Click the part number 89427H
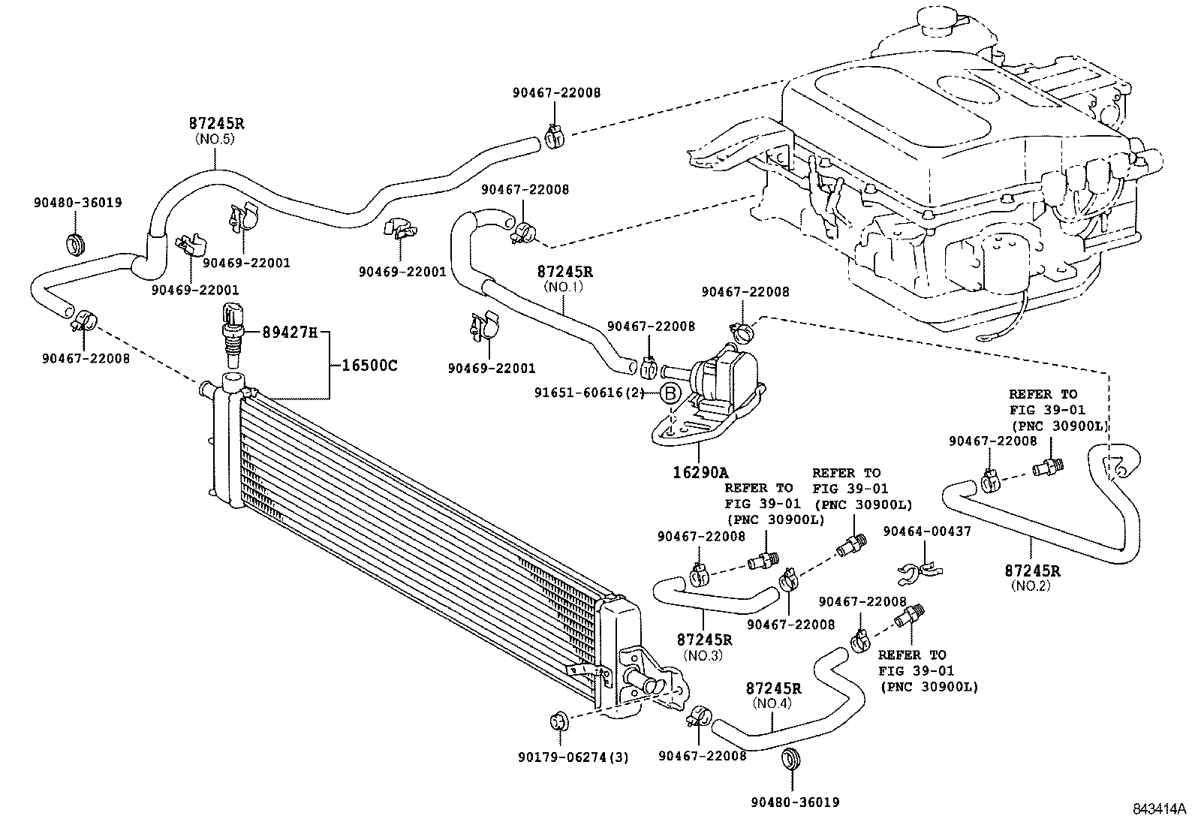tap(289, 332)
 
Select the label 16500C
tap(369, 366)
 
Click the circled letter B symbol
tap(670, 393)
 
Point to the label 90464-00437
tap(927, 531)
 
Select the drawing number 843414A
tap(1159, 809)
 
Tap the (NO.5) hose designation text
tap(216, 139)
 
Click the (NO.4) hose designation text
tap(772, 703)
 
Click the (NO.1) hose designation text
tap(564, 286)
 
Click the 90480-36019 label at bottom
tap(794, 802)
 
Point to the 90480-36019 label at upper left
tap(77, 202)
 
